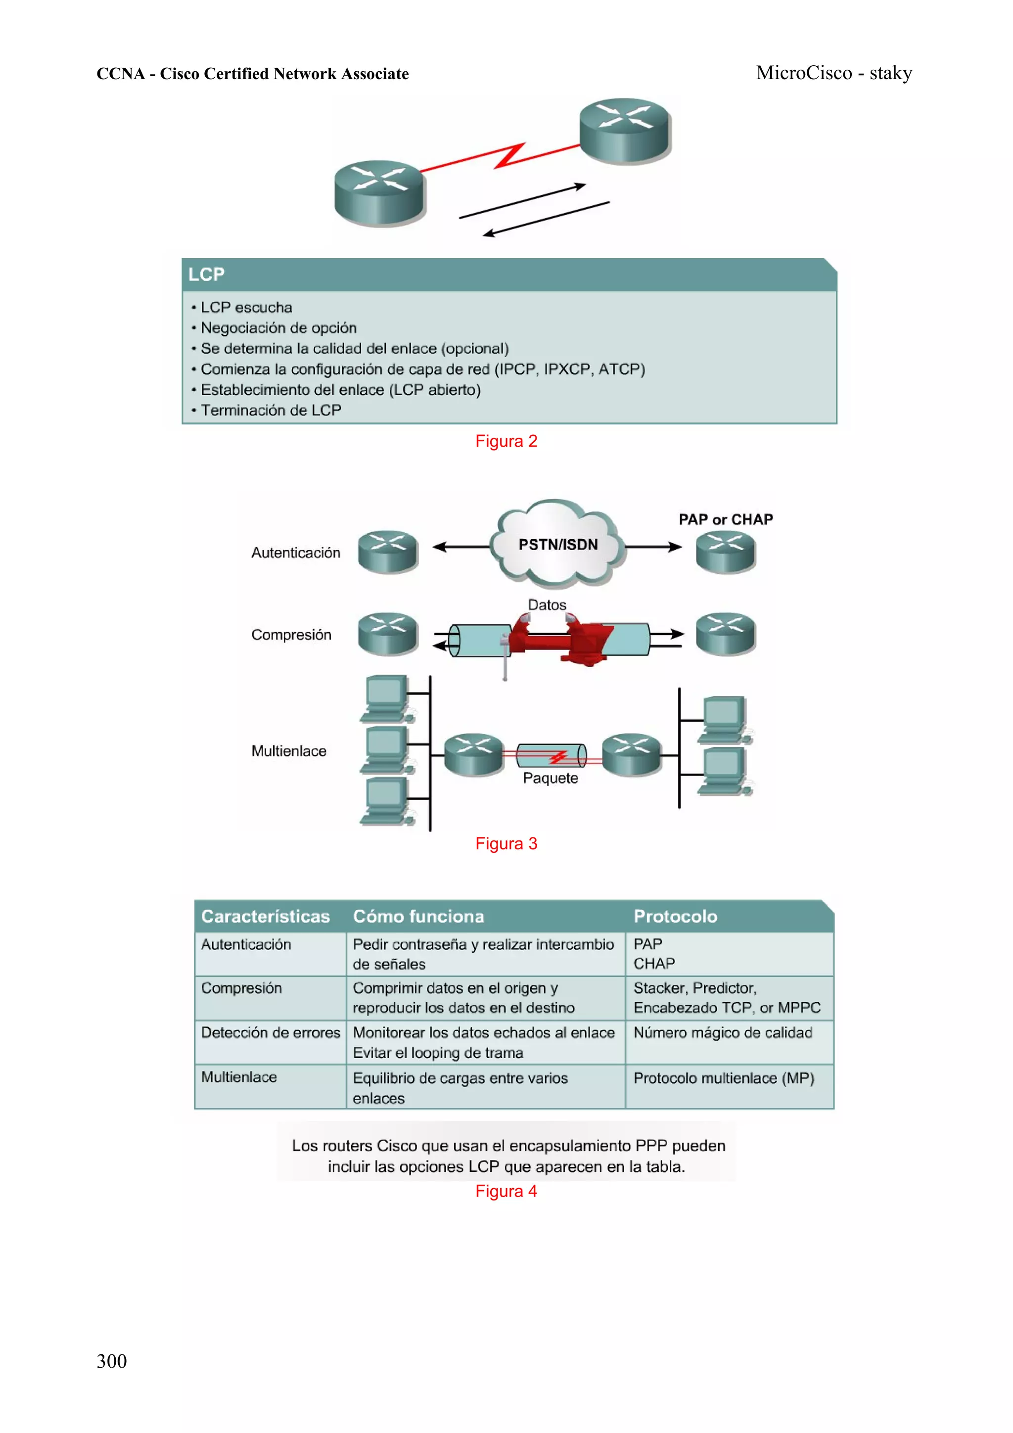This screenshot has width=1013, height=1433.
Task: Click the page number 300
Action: click(x=111, y=1361)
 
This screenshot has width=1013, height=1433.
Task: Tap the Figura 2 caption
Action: click(x=506, y=441)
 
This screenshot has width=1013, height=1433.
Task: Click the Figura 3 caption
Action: click(x=506, y=843)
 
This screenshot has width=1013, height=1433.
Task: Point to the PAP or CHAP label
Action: click(x=725, y=519)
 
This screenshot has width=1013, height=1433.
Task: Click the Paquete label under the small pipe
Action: click(x=550, y=778)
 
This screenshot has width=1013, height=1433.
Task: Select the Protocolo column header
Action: click(x=675, y=916)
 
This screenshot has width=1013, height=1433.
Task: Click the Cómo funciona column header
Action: click(x=418, y=916)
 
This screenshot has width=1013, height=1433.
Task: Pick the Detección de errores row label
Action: click(x=270, y=1032)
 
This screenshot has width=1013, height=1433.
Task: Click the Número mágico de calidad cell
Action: click(x=722, y=1032)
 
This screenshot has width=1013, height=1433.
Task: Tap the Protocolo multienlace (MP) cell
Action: click(x=723, y=1078)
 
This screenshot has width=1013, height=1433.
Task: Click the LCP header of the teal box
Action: click(x=207, y=274)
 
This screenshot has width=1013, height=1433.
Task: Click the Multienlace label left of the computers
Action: click(x=288, y=751)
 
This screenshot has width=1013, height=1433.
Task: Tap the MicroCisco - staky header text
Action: click(x=833, y=73)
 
